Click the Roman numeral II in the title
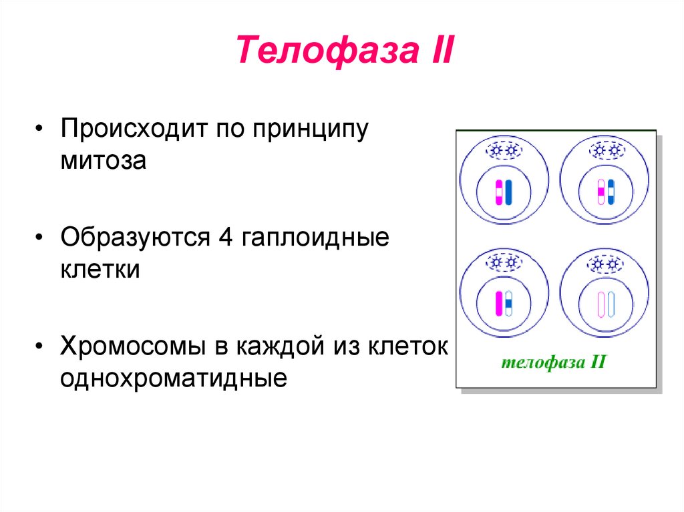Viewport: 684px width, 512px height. click(434, 51)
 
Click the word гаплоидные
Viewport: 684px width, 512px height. click(317, 238)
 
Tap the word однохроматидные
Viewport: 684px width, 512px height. click(174, 379)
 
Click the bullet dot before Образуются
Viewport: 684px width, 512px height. click(41, 238)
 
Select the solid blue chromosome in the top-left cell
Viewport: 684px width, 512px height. click(508, 192)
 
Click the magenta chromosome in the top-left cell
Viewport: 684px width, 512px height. click(498, 192)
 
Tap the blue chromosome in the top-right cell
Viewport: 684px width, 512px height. click(611, 192)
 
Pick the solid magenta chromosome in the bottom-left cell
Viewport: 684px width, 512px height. click(498, 304)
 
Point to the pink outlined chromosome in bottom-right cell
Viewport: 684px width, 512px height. click(601, 304)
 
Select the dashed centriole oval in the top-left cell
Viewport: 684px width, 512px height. click(504, 150)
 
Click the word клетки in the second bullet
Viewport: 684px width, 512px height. click(100, 270)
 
